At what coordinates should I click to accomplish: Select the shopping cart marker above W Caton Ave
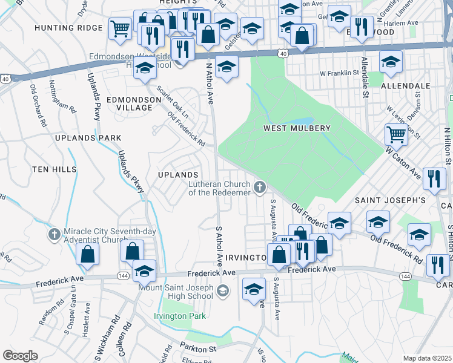pos(396,134)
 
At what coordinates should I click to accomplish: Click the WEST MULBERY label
pos(297,128)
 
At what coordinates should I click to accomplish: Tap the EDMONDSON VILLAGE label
pos(129,103)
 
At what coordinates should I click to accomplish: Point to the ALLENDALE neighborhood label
pos(405,87)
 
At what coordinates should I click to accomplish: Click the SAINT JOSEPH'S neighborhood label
pos(390,200)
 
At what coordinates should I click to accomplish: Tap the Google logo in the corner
pos(20,355)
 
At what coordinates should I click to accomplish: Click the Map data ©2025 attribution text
pos(427,358)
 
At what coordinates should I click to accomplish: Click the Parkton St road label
pos(197,348)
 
